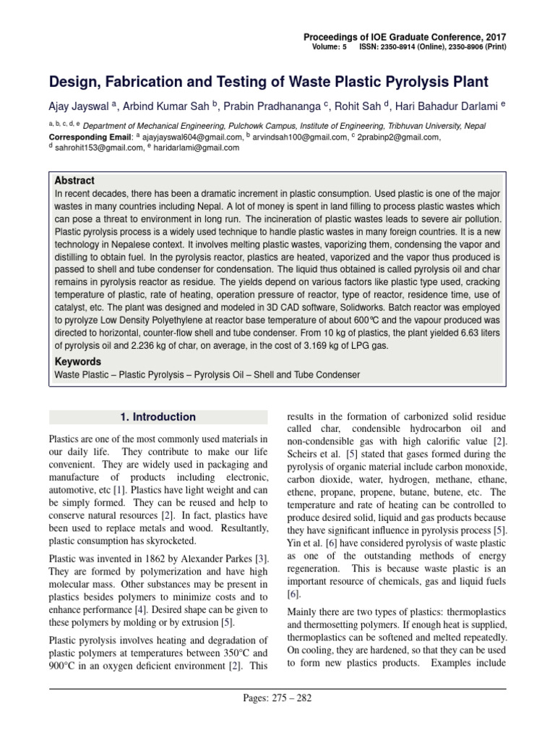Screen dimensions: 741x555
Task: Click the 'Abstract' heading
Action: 74,180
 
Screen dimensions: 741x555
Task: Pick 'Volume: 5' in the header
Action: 330,47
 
